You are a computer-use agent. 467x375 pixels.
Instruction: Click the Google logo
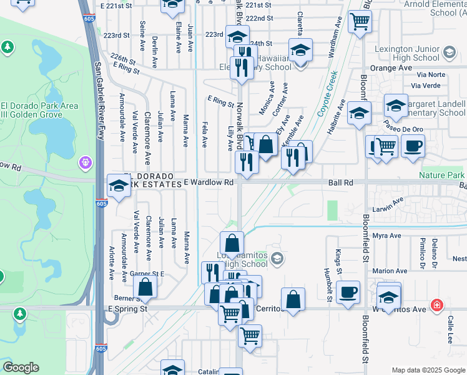pyautogui.click(x=21, y=367)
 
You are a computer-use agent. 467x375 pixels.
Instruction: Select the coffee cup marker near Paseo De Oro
pyautogui.click(x=412, y=147)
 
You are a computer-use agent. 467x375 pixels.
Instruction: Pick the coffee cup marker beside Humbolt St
pyautogui.click(x=348, y=291)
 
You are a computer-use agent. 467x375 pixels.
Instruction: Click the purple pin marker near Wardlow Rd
pyautogui.click(x=86, y=162)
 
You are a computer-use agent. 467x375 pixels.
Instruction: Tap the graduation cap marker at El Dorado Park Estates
pyautogui.click(x=118, y=186)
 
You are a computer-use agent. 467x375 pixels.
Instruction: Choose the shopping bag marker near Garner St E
pyautogui.click(x=145, y=287)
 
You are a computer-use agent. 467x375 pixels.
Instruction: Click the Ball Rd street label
pyautogui.click(x=341, y=182)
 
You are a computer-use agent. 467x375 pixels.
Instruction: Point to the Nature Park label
pyautogui.click(x=442, y=176)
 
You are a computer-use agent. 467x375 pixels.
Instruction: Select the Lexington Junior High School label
pyautogui.click(x=408, y=53)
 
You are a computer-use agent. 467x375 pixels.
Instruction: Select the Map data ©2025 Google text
pyautogui.click(x=428, y=369)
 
